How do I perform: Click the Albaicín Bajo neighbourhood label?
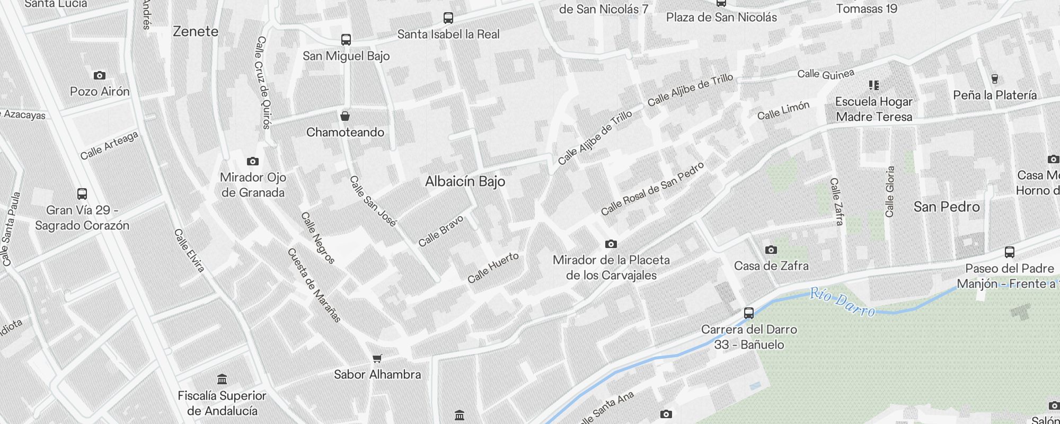pos(465,182)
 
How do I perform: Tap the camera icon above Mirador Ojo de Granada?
pos(253,161)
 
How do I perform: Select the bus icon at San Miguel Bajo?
pos(346,40)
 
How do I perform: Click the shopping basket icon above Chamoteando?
pos(345,116)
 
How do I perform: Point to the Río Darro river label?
pos(842,302)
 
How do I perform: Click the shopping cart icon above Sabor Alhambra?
pos(377,359)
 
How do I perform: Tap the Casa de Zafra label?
pos(771,266)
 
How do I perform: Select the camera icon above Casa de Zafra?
pos(771,250)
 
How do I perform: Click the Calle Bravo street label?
pos(440,232)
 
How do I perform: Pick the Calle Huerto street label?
pos(493,268)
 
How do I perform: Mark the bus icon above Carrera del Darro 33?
pos(748,313)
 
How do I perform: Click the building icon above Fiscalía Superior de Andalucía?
pos(222,379)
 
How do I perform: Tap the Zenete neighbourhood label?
pos(196,32)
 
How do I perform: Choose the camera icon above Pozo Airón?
pos(99,75)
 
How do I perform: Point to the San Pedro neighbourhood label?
pos(946,207)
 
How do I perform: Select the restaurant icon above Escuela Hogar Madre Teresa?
pos(874,85)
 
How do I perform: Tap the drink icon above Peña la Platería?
pos(994,79)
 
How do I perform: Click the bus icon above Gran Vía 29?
pos(82,194)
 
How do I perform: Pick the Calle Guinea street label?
pos(826,74)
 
